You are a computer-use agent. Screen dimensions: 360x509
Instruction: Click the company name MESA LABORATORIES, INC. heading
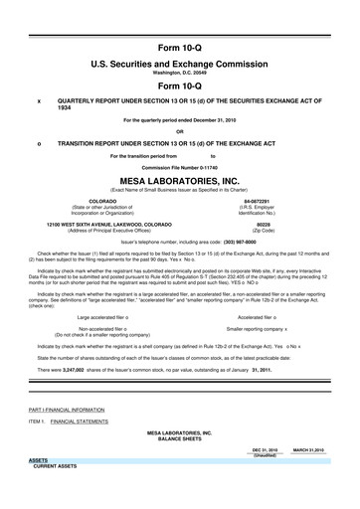pyautogui.click(x=179, y=180)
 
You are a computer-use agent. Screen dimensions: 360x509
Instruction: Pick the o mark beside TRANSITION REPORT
pyautogui.click(x=39, y=142)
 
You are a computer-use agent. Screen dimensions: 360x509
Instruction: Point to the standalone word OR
pyautogui.click(x=179, y=130)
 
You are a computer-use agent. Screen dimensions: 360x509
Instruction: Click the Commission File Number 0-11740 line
pyautogui.click(x=179, y=167)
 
